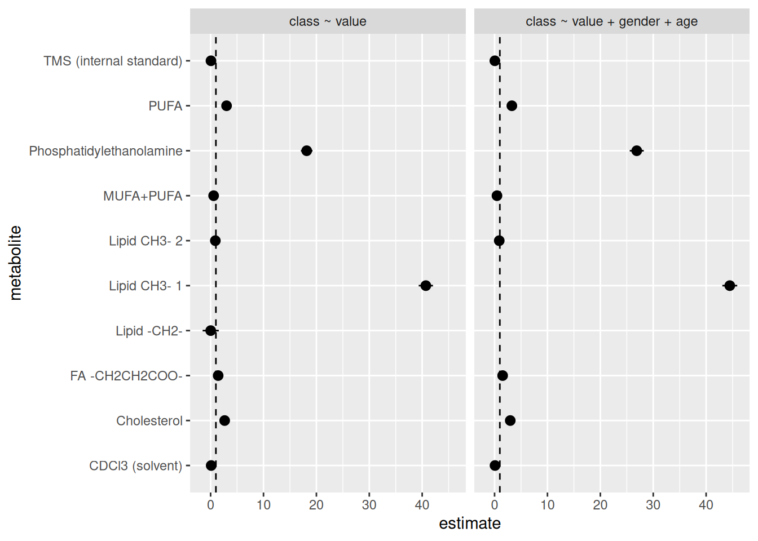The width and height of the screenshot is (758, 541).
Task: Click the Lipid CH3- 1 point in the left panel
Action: coord(426,286)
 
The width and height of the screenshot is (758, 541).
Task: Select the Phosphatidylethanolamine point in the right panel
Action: coord(637,151)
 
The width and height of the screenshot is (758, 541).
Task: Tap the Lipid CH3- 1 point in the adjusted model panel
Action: coord(729,286)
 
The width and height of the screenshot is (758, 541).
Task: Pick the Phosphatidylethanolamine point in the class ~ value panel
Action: coord(307,151)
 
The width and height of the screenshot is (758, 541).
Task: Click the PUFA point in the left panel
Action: coord(227,106)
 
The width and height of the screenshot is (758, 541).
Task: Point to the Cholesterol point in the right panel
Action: coord(510,420)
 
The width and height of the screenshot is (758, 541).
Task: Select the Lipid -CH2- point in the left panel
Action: coord(210,331)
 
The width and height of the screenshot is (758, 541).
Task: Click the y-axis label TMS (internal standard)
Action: coord(113,61)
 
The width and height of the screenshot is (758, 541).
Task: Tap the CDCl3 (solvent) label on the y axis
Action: coord(136,465)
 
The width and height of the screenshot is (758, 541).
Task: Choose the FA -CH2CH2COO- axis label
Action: coord(126,376)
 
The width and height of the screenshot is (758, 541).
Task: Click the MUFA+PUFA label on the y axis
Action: coord(143,196)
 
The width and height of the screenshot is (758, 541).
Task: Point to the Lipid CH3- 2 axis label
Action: coord(146,241)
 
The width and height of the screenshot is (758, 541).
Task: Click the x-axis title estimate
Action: coord(469,524)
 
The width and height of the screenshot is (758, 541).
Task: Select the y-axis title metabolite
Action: coord(15,263)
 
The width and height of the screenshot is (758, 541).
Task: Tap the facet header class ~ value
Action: coord(328,21)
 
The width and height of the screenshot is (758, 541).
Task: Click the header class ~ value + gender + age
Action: coord(611,21)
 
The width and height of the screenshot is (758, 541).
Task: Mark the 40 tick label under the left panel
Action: coord(422,505)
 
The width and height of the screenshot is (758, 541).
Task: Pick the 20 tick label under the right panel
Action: coord(600,505)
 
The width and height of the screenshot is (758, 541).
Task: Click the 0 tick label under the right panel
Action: coord(495,505)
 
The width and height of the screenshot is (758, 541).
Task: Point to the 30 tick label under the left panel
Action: coord(369,505)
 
